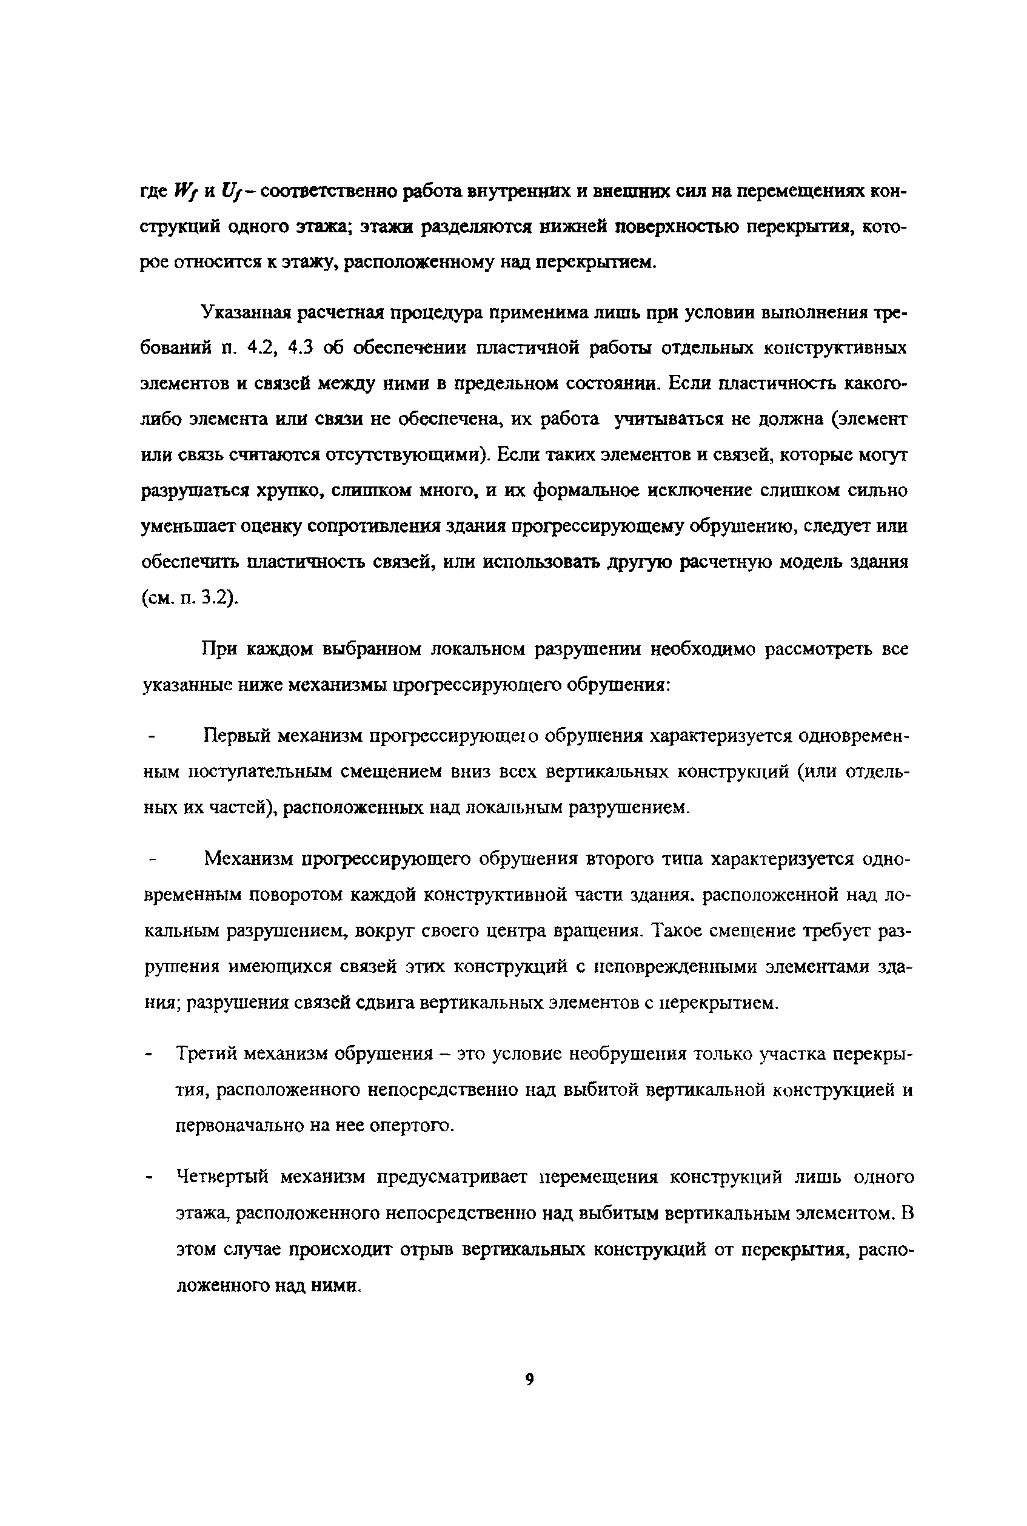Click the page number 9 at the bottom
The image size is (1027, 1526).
(529, 1379)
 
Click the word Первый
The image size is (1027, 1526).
(236, 736)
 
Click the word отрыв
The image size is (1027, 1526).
(426, 1249)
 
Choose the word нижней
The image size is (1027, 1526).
(572, 227)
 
